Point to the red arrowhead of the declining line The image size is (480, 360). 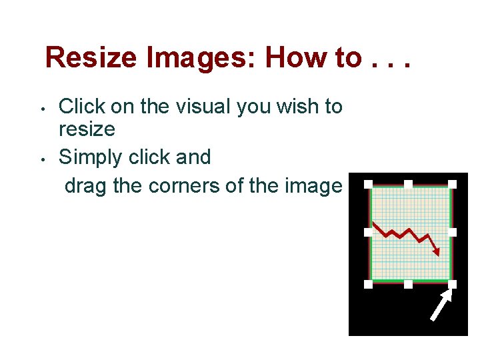click(x=436, y=251)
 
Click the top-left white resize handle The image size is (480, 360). click(x=368, y=184)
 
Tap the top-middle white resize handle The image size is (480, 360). click(x=409, y=184)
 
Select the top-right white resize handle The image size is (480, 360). click(x=453, y=184)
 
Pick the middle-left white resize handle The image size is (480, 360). click(x=368, y=232)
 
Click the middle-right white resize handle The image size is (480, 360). click(x=453, y=232)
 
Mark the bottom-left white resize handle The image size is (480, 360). click(x=368, y=284)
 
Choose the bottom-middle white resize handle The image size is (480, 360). click(x=409, y=284)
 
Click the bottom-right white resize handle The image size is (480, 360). click(x=453, y=284)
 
